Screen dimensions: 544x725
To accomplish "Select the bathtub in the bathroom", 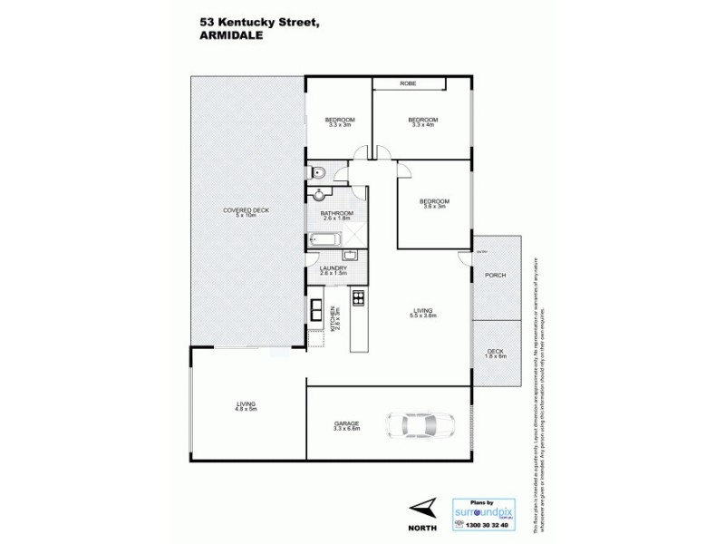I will click(x=324, y=240).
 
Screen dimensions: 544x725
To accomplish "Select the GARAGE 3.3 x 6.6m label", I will click(x=346, y=425).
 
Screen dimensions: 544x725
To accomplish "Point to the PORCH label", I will click(x=495, y=276).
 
